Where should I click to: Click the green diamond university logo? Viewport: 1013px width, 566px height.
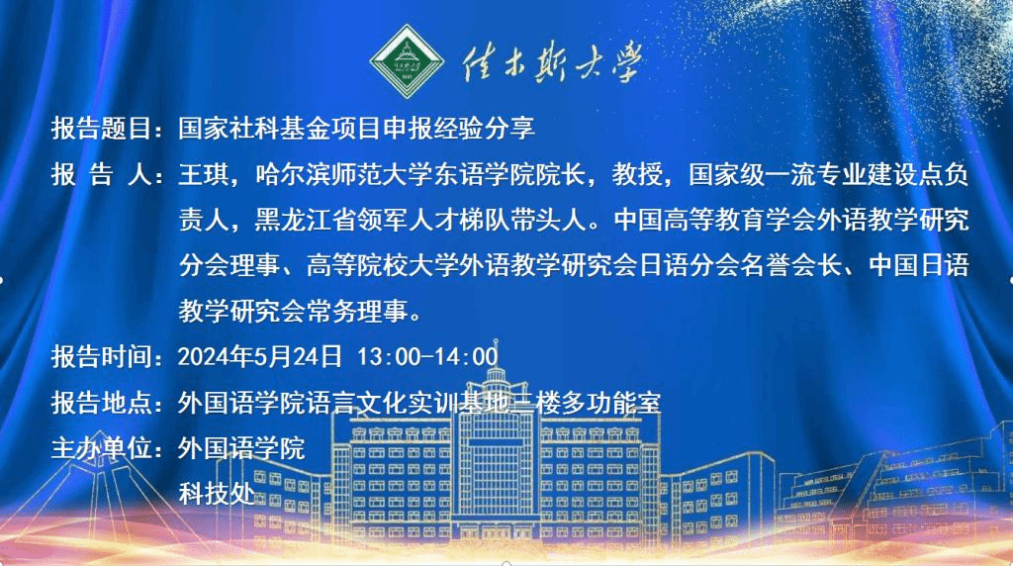click(407, 61)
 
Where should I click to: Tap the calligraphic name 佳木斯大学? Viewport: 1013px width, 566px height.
click(552, 62)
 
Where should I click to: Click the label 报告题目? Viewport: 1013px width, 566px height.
click(102, 128)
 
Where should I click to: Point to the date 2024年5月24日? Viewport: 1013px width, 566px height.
click(260, 356)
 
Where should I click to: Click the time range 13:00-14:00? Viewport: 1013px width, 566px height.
click(427, 356)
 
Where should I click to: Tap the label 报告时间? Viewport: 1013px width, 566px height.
click(102, 356)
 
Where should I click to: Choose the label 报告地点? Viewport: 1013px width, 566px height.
click(102, 403)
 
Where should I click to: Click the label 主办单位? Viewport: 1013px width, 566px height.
click(102, 448)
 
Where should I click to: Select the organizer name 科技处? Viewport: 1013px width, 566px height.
click(217, 495)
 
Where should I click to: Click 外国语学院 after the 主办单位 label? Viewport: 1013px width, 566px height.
click(241, 448)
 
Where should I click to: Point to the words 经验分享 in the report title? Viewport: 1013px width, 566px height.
click(484, 128)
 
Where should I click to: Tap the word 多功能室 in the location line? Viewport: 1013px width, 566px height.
click(610, 403)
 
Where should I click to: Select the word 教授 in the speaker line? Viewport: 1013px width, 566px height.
click(637, 174)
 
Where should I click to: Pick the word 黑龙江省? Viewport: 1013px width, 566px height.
click(305, 221)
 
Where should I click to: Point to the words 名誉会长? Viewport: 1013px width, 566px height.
click(792, 265)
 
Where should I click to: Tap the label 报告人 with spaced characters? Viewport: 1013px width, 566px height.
click(102, 174)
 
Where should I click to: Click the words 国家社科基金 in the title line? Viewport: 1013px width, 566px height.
click(254, 128)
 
